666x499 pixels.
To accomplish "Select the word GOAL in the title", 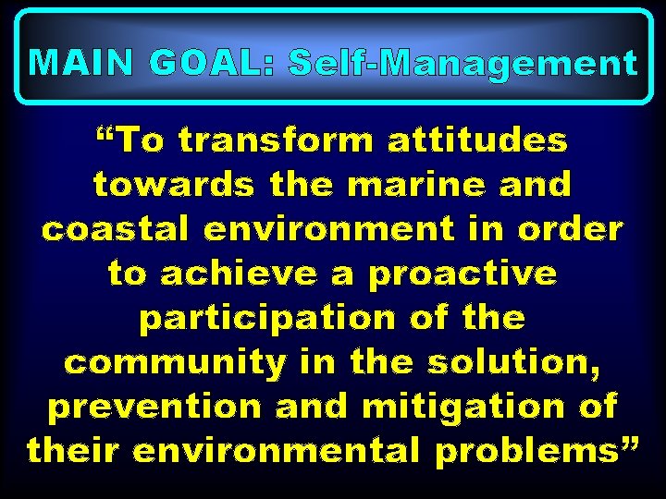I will (210, 63).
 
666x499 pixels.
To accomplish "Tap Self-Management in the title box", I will (462, 63).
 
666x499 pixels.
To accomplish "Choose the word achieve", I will (257, 274).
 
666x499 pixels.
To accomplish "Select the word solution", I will (524, 363).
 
